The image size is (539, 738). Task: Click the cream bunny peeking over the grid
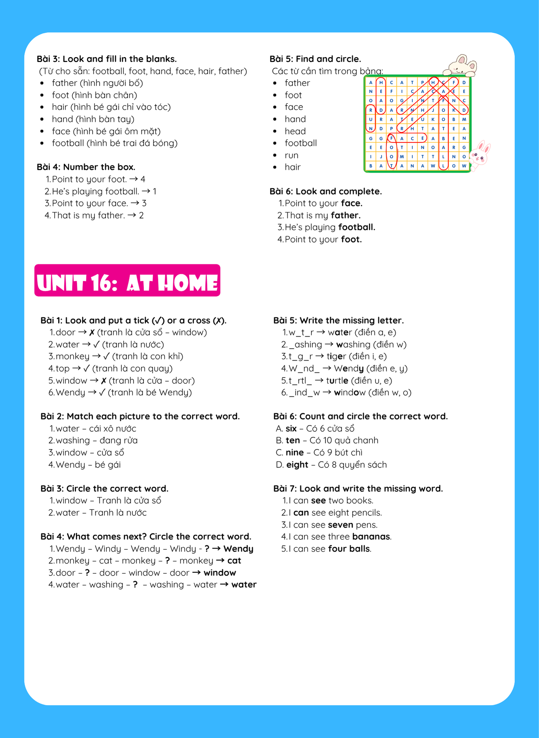461,65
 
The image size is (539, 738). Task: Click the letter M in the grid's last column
464,119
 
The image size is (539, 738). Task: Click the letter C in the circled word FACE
412,138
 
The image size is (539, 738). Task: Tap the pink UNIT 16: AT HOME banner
127,280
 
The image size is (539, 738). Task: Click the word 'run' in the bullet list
291,155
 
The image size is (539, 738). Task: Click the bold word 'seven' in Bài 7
341,525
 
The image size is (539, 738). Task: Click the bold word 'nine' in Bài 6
294,453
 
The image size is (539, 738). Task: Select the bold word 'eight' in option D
297,465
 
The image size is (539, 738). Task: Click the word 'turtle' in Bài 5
337,381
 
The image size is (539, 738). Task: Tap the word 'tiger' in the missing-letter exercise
336,356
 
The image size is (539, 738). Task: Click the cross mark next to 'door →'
92,332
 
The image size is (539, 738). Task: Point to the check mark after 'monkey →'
106,356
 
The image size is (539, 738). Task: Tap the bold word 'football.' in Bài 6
356,227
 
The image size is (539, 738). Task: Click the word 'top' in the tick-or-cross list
63,369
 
